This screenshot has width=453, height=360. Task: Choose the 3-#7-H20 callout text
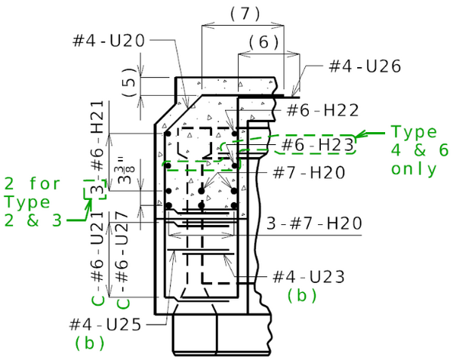pyautogui.click(x=314, y=223)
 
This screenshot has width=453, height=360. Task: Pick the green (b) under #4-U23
pyautogui.click(x=301, y=296)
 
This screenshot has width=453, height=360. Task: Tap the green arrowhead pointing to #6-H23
pyautogui.click(x=360, y=137)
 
